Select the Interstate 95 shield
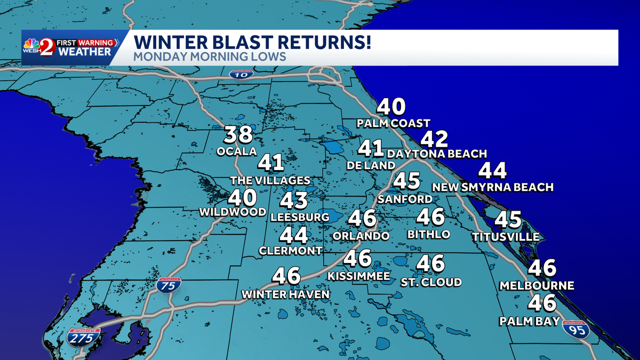(x=577, y=330)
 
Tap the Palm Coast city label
(x=394, y=123)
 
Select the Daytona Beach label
(x=437, y=154)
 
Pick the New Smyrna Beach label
(x=492, y=187)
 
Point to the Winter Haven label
(x=285, y=294)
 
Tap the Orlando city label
(x=361, y=235)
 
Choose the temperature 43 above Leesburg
(x=294, y=201)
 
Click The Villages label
(x=270, y=180)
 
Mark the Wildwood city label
(x=233, y=212)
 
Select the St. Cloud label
(x=431, y=282)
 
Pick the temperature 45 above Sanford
(x=407, y=181)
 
